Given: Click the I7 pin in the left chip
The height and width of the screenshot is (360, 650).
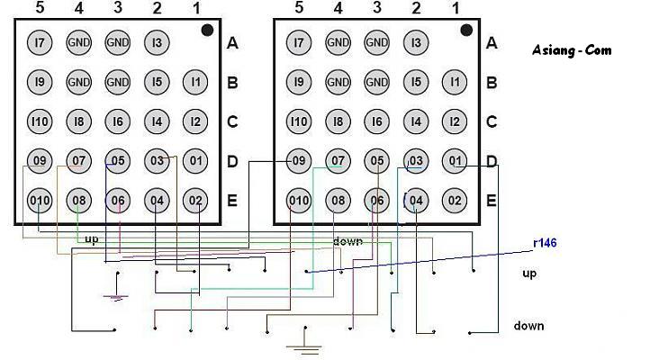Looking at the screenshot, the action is point(40,42).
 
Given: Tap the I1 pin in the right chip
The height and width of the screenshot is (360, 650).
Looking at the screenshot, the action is point(455,82).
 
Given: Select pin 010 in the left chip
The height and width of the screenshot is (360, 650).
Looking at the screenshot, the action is point(40,201).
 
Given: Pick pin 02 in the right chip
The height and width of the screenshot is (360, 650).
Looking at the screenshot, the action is point(455,201).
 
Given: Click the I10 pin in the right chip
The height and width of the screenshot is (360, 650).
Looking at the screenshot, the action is point(299,121).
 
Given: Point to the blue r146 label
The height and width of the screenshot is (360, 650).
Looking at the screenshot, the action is point(545,243).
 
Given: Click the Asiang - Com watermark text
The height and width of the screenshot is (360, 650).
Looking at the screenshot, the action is point(572,50).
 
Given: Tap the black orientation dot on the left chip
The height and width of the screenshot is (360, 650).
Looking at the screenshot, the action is point(207,31).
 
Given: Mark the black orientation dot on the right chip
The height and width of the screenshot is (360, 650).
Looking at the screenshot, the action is point(466,31).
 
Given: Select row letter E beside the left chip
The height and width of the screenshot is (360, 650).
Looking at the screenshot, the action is point(232,201).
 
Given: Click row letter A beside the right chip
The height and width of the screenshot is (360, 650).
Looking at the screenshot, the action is point(492,42).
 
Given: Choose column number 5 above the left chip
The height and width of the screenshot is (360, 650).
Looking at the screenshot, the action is point(40,7).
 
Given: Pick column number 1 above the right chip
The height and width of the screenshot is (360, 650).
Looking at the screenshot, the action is point(456,8).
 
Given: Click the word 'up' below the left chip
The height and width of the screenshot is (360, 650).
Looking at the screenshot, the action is point(92,240).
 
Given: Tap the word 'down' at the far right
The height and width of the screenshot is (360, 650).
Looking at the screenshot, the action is point(528,326).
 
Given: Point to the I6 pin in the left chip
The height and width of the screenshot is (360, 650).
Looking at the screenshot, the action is point(118,121).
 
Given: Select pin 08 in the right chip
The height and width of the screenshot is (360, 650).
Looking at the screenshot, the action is point(338,201).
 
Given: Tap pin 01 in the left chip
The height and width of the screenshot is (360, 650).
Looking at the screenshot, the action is point(195,161).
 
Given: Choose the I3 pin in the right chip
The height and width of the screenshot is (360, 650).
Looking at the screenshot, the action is point(416,42).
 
